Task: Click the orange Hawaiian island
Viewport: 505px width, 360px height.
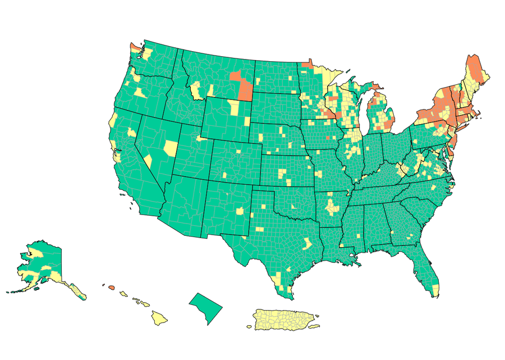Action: [111, 287]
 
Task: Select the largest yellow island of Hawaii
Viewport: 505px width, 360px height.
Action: [159, 318]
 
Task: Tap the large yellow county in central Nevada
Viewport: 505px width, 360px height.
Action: [169, 147]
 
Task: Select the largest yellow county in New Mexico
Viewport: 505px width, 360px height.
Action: [241, 211]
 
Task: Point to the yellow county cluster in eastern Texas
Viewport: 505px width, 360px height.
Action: [307, 243]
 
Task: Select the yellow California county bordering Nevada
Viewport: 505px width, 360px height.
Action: [148, 161]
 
